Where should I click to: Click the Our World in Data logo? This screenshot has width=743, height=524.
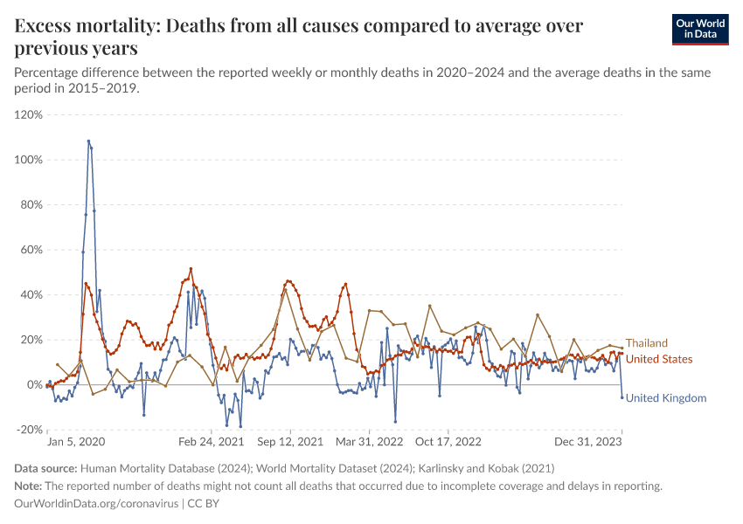[x=700, y=30]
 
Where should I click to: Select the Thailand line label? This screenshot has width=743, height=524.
[x=646, y=343]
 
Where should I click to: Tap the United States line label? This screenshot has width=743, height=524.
[x=659, y=359]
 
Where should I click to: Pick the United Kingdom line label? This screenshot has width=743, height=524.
[x=666, y=398]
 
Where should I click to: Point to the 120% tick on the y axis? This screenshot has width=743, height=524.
[x=29, y=115]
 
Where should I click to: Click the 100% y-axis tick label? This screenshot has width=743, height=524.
[x=29, y=160]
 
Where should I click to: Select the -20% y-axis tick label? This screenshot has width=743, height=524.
[x=30, y=430]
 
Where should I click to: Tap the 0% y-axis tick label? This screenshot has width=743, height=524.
[x=35, y=385]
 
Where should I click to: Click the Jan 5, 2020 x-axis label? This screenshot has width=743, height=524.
[x=76, y=442]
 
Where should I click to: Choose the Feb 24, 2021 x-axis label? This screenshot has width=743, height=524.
[x=212, y=442]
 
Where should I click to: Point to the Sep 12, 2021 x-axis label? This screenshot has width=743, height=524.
[x=290, y=442]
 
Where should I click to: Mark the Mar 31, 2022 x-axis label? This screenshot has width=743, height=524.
[x=369, y=442]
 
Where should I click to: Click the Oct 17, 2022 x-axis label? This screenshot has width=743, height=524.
[x=448, y=442]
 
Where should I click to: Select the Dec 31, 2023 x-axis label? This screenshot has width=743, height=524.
[x=588, y=442]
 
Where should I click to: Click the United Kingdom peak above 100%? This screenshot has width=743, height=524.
[x=88, y=141]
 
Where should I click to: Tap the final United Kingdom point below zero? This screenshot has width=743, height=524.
[x=622, y=397]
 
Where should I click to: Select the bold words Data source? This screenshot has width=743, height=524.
[x=45, y=469]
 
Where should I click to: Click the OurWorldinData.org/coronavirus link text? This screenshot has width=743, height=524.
[x=96, y=504]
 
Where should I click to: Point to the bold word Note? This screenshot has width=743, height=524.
[x=28, y=486]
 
